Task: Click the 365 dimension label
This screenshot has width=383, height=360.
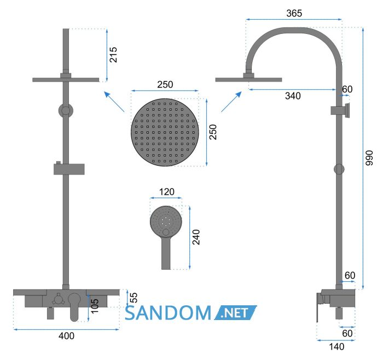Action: (x=294, y=13)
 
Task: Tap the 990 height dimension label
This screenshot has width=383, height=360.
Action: (x=369, y=158)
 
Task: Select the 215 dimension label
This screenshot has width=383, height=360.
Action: (x=113, y=55)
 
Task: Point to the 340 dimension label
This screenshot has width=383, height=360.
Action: (x=293, y=96)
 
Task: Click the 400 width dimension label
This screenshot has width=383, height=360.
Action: (x=66, y=336)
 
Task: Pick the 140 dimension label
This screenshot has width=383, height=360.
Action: (x=336, y=346)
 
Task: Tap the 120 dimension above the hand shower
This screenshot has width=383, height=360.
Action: (x=166, y=191)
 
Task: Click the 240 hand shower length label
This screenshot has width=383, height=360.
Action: (x=196, y=237)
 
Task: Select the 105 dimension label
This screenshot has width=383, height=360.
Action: (x=95, y=306)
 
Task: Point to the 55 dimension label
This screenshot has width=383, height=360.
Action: (x=134, y=298)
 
